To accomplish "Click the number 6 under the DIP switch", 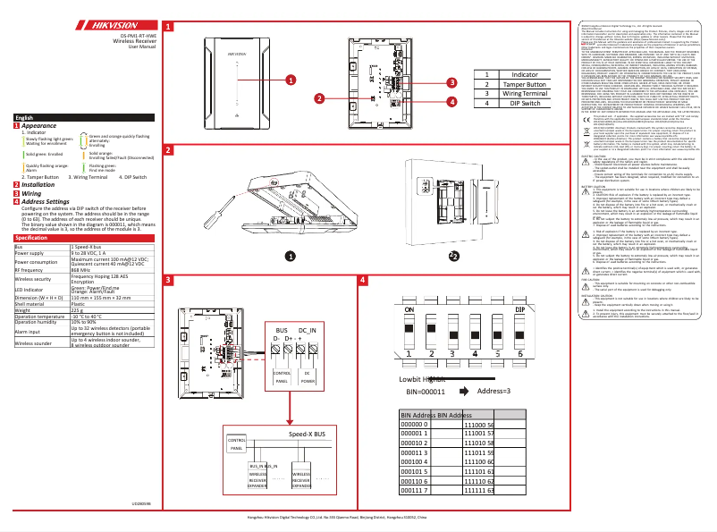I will [520, 379].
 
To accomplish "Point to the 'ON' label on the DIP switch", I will [409, 334].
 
